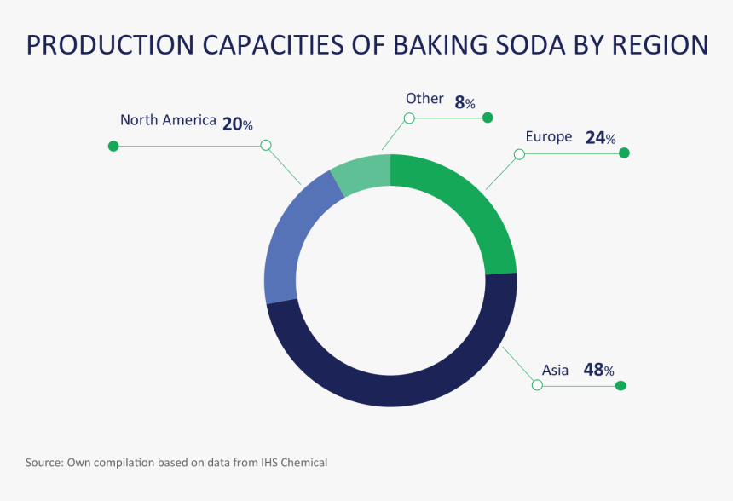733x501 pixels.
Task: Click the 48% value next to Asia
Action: [598, 370]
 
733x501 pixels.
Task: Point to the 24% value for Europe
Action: [600, 137]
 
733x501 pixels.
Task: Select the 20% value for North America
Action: [237, 124]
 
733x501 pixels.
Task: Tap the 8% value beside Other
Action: [465, 103]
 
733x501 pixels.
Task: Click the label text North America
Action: [168, 120]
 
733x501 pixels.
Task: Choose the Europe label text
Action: [549, 136]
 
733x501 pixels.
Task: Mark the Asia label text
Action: [555, 370]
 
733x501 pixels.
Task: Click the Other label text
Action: [424, 99]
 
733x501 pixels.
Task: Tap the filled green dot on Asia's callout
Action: [620, 386]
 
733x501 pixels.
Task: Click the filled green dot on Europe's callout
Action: [624, 153]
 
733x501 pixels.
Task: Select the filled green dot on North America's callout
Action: [113, 147]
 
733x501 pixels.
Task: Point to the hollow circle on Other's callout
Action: [409, 118]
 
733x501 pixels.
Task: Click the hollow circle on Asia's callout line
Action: [537, 385]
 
